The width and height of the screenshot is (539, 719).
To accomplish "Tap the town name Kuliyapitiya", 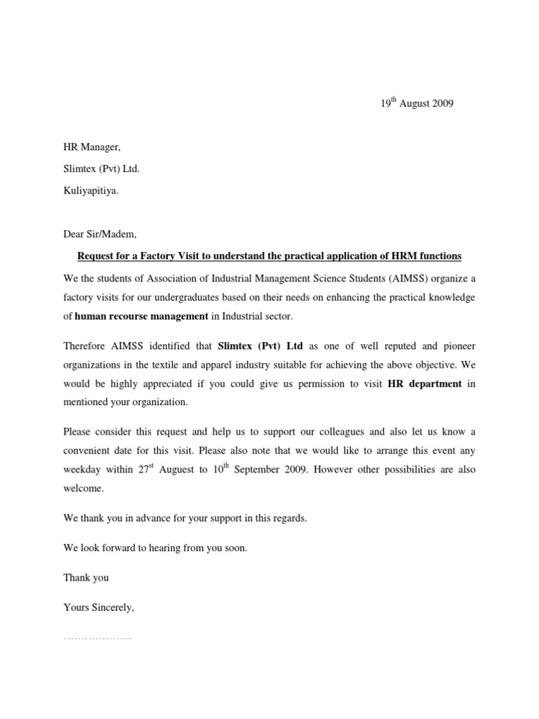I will click(91, 190).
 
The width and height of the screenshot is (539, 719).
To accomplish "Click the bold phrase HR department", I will click(425, 384).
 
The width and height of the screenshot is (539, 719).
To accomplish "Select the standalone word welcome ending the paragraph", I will click(84, 487).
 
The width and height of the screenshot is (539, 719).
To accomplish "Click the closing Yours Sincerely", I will click(98, 608).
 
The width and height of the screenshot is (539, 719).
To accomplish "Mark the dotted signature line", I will click(98, 638).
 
